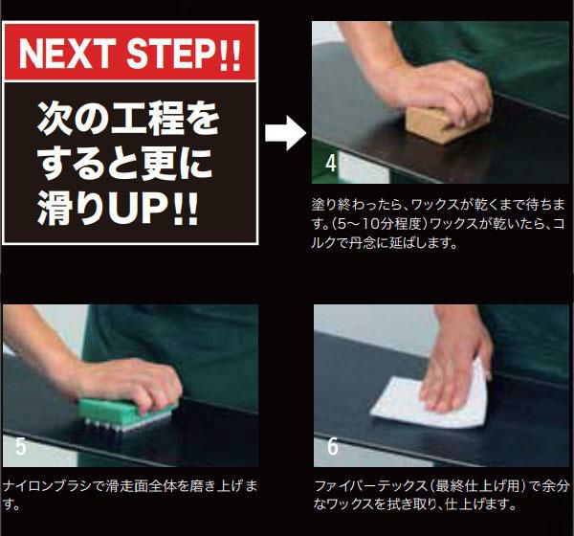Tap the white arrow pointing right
(x=285, y=133)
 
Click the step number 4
(x=331, y=164)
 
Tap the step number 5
(x=20, y=446)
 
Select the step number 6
(x=332, y=446)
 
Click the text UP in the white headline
(x=137, y=208)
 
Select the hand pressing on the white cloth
(x=453, y=377)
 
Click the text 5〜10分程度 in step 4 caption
(x=379, y=224)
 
